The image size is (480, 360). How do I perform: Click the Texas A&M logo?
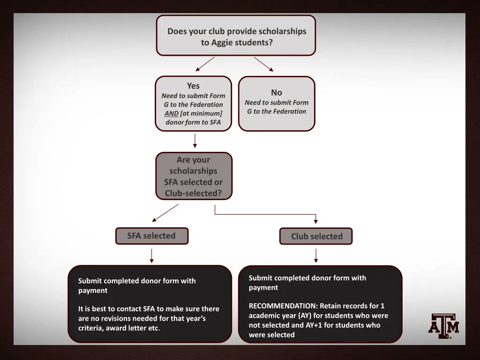tap(443, 326)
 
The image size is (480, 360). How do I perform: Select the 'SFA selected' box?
tap(151, 236)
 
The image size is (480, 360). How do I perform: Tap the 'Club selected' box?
tap(316, 236)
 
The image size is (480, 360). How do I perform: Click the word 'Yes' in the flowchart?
tap(193, 86)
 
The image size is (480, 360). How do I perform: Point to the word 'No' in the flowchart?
tap(277, 92)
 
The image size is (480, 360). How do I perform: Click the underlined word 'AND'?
tap(172, 113)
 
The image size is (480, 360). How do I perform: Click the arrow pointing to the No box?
tap(264, 64)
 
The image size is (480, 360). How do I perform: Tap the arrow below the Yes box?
tap(195, 141)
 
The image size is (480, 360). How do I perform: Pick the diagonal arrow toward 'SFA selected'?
tap(165, 212)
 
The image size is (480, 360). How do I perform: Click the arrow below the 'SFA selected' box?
tap(151, 255)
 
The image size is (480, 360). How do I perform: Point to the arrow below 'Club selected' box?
tap(316, 255)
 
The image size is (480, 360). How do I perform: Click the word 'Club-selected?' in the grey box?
tap(193, 193)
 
